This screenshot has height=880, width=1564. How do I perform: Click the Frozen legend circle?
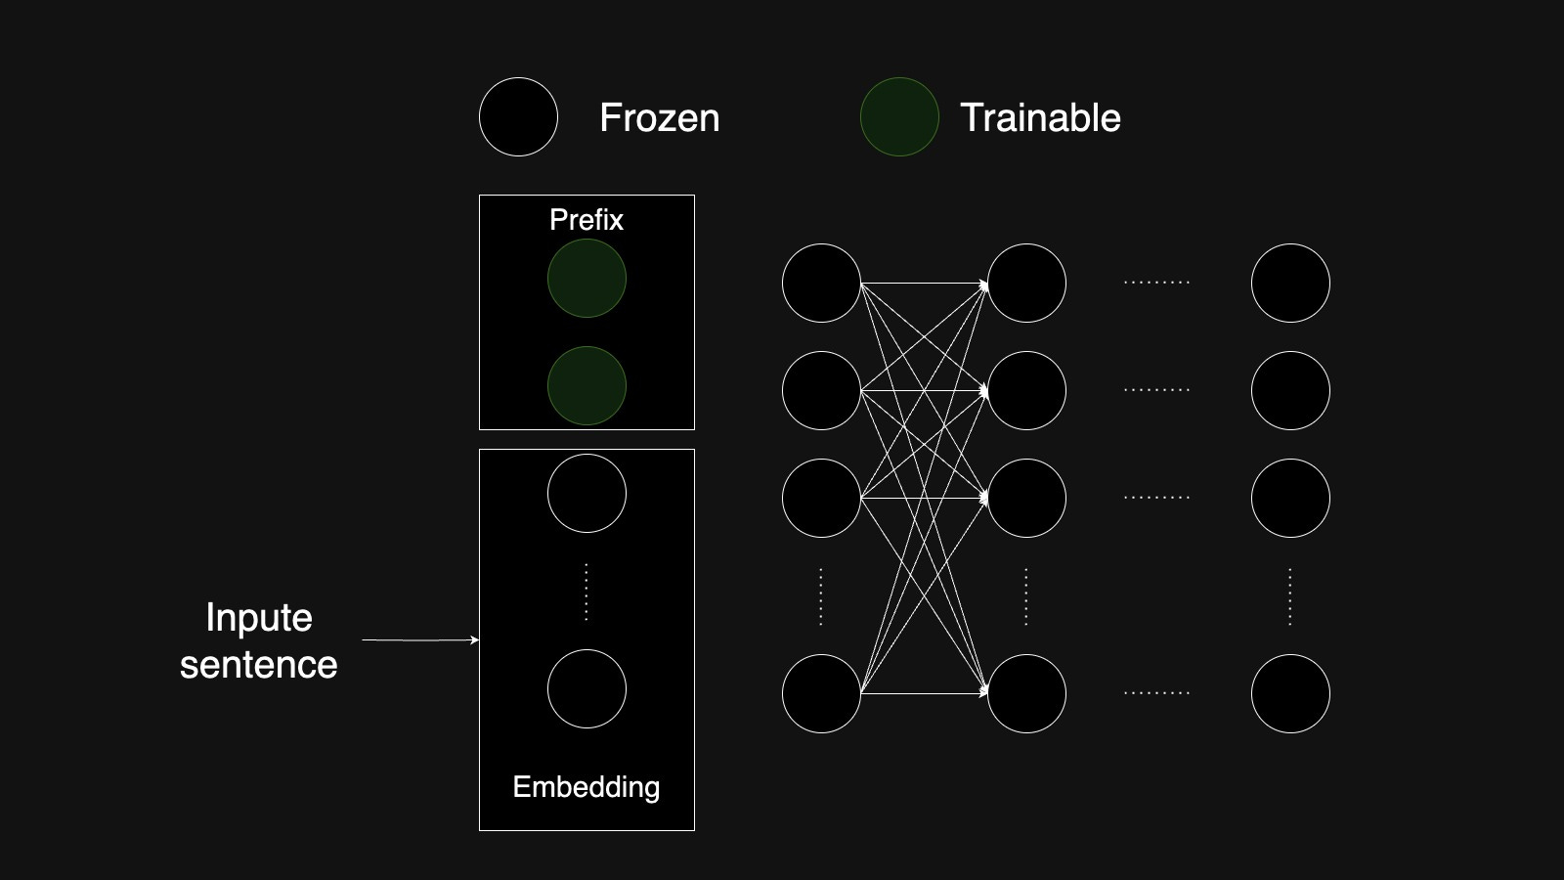pyautogui.click(x=518, y=117)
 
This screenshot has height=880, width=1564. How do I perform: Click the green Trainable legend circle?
pyautogui.click(x=899, y=117)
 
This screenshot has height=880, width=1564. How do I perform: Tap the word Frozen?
pyautogui.click(x=659, y=117)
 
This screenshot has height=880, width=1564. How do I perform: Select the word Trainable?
pyautogui.click(x=1040, y=117)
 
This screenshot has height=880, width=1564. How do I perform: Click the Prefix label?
pyautogui.click(x=586, y=220)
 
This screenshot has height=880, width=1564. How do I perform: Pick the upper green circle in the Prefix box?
pyautogui.click(x=586, y=279)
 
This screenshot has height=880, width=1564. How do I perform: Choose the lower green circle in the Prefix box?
pyautogui.click(x=586, y=386)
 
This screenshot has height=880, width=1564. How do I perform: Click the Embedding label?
pyautogui.click(x=586, y=787)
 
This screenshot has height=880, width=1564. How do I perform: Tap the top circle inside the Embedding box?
pyautogui.click(x=586, y=494)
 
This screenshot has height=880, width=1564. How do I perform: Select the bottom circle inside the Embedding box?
pyautogui.click(x=586, y=689)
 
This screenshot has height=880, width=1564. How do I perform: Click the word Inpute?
pyautogui.click(x=259, y=618)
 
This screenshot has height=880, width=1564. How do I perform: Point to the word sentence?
pyautogui.click(x=259, y=665)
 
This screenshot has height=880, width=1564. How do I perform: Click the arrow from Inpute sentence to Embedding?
pyautogui.click(x=420, y=640)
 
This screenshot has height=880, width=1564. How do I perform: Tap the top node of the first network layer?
pyautogui.click(x=821, y=284)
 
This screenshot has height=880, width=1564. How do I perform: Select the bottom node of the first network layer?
pyautogui.click(x=821, y=694)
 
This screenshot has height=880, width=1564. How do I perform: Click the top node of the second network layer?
pyautogui.click(x=1026, y=284)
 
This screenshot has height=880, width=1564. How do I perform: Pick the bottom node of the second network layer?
pyautogui.click(x=1026, y=694)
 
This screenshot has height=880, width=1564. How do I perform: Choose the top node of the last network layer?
pyautogui.click(x=1290, y=284)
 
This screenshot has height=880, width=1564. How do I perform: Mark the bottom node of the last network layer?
pyautogui.click(x=1290, y=694)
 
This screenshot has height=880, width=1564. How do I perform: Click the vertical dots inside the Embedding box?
pyautogui.click(x=586, y=592)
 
